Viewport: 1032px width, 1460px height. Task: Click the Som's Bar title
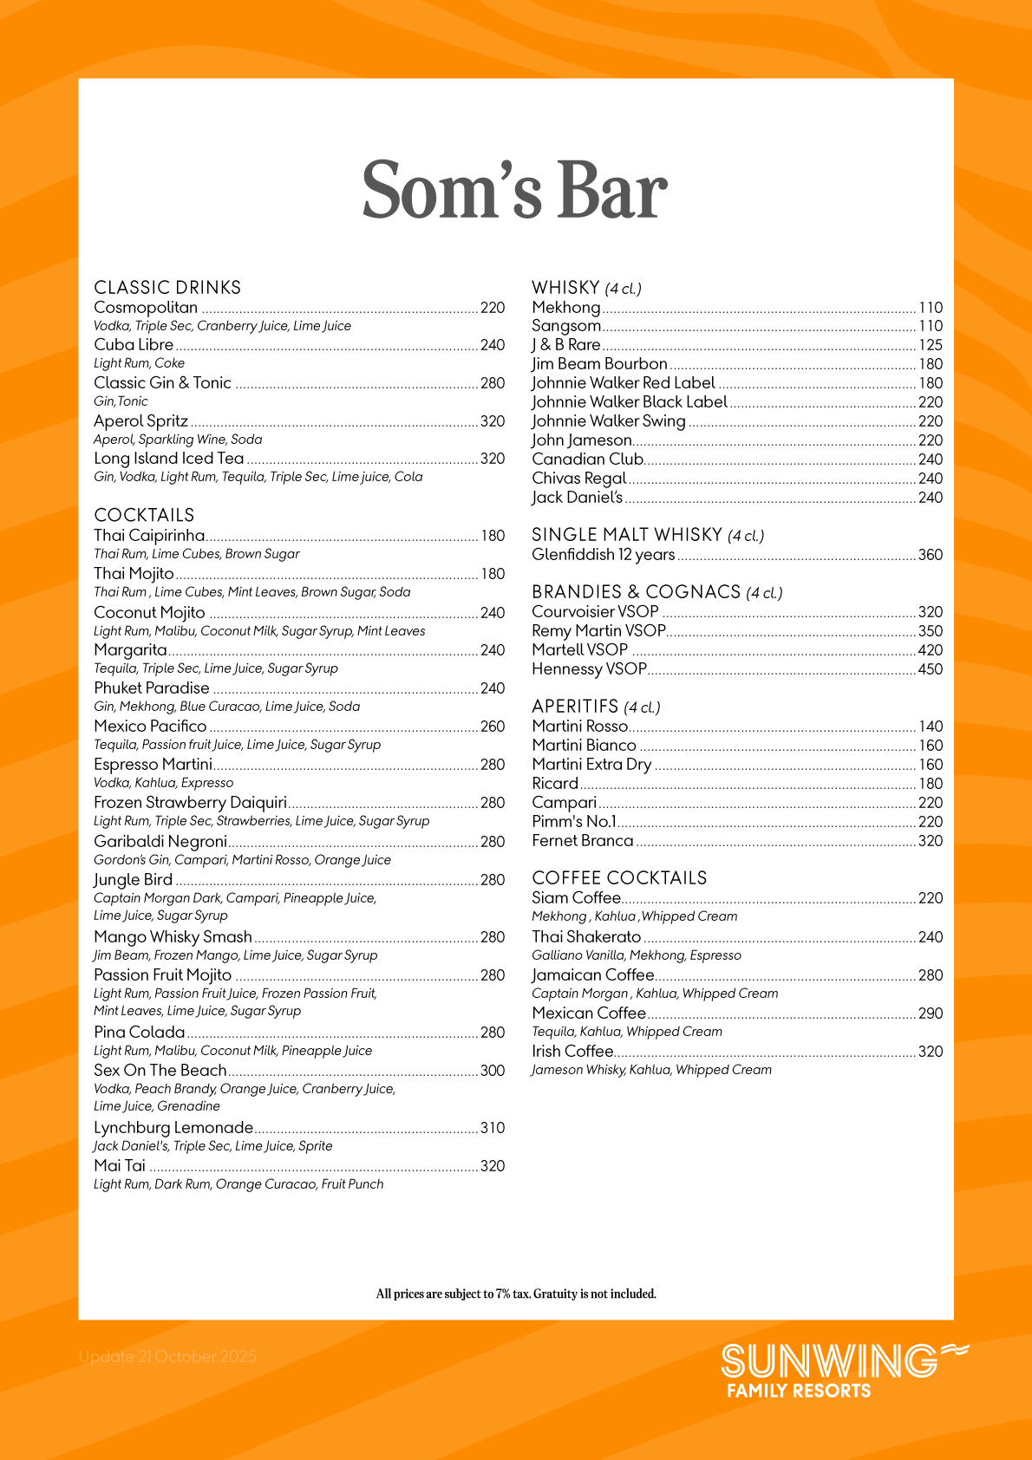click(515, 191)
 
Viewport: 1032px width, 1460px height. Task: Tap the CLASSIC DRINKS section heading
click(167, 288)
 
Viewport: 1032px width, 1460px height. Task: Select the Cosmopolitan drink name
click(146, 308)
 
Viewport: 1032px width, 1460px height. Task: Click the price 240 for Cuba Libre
click(493, 345)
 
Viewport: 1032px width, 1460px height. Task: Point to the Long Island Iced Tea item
click(169, 459)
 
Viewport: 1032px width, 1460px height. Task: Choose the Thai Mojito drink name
click(134, 574)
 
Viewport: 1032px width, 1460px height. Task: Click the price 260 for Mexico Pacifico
click(493, 727)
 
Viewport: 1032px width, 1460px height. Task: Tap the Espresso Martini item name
click(153, 765)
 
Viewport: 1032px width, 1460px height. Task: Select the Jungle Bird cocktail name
click(133, 880)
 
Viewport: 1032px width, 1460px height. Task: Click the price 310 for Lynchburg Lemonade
click(493, 1128)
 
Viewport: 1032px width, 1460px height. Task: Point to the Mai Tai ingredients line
click(238, 1184)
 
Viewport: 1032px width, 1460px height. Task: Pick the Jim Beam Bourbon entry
click(599, 364)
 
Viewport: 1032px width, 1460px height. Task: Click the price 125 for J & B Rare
click(931, 345)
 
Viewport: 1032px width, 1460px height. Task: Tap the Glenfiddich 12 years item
click(603, 555)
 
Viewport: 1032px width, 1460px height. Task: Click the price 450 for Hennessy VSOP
click(931, 669)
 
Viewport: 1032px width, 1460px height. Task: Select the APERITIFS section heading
click(575, 707)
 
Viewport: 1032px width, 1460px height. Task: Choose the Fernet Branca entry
click(582, 841)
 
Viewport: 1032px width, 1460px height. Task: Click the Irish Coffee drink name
click(572, 1052)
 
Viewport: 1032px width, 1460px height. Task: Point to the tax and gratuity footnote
click(516, 1294)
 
